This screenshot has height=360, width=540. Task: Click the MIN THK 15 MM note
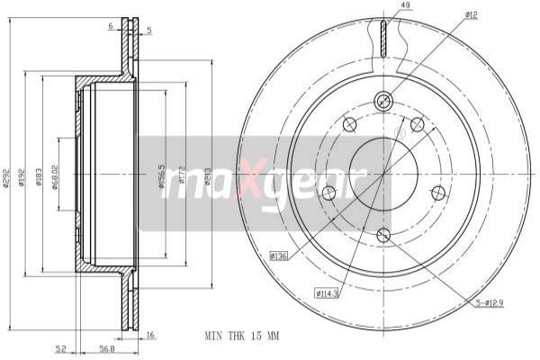coord(243,335)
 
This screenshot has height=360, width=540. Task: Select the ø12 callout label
coord(471,15)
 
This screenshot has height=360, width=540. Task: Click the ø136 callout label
coord(278,256)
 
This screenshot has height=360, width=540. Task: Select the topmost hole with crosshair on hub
coord(382,102)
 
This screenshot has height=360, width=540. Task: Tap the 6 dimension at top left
coord(110,27)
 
